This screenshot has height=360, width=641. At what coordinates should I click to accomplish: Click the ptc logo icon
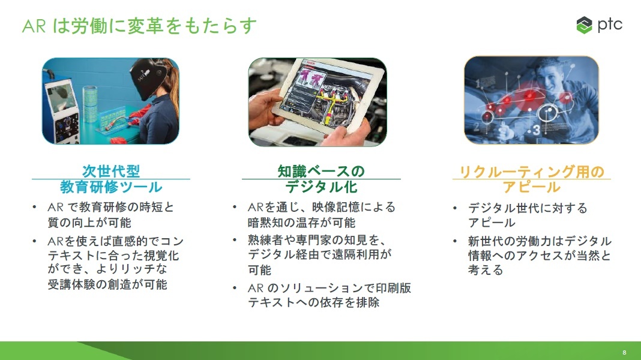584,25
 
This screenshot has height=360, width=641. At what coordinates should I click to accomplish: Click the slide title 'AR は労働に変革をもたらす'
139,26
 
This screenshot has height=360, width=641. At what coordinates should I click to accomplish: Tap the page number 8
624,352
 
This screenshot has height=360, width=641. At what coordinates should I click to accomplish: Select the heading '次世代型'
111,171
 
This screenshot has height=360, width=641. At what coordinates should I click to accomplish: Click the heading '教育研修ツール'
111,187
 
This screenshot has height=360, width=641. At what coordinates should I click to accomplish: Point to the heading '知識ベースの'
321,171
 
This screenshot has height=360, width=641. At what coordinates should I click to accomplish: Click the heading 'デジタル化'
321,187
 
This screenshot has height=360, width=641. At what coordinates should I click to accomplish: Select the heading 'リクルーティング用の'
531,172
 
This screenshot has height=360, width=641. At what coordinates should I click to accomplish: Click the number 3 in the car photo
537,130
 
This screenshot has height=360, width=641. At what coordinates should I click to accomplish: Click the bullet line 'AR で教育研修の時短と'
111,207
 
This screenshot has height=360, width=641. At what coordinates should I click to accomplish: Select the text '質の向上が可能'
89,223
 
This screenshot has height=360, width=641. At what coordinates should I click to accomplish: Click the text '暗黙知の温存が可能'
301,223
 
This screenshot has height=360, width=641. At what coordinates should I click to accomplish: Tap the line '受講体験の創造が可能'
107,284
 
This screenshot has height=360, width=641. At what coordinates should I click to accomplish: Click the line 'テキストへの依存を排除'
313,302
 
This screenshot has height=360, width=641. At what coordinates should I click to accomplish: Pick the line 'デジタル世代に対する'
528,208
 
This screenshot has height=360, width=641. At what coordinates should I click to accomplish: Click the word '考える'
486,270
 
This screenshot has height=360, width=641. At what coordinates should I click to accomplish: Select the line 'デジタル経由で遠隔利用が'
320,254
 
